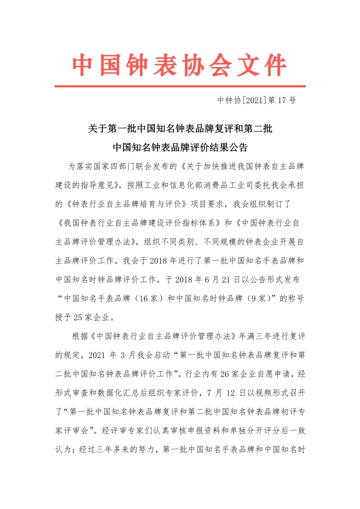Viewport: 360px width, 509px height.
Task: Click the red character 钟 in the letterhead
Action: click(137, 65)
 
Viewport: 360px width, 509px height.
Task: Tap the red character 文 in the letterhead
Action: click(249, 65)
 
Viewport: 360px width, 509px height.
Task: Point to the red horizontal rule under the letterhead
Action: click(180, 86)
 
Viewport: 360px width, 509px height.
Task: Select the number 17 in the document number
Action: click(282, 100)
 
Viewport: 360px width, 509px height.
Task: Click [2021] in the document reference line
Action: click(254, 100)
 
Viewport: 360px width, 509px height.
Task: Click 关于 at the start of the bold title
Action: click(98, 128)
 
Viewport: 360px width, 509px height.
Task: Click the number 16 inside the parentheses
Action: click(143, 298)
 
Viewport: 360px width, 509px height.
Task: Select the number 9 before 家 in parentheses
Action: click(254, 298)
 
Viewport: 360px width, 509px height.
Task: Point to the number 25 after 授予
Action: click(78, 317)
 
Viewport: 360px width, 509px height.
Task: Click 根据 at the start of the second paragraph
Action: click(80, 336)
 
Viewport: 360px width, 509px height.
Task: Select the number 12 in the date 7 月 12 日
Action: click(231, 393)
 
